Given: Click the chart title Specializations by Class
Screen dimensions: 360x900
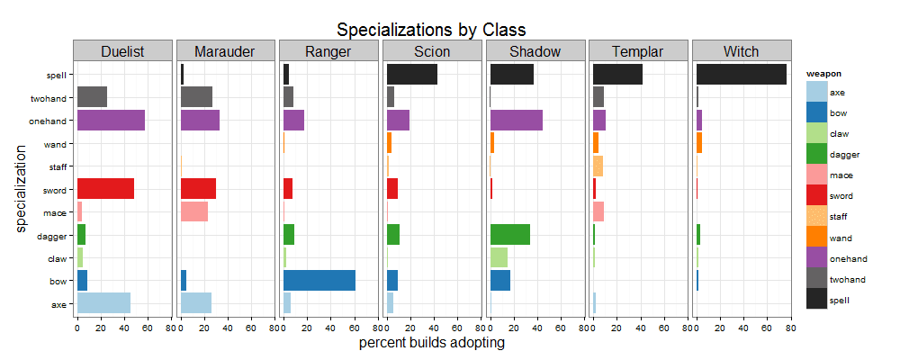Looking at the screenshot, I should tap(431, 31).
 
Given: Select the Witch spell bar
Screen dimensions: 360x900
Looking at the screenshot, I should tap(742, 74).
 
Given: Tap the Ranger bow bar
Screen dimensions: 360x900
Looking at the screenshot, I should tap(319, 281).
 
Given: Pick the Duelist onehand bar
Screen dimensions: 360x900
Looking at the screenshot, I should tap(111, 120).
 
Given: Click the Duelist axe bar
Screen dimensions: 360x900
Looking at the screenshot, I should tap(103, 303).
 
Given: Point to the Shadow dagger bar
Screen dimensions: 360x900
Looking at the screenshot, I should tap(510, 235).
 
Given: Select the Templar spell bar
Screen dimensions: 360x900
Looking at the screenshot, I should tap(618, 74).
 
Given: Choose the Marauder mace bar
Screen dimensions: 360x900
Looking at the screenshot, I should tap(194, 211).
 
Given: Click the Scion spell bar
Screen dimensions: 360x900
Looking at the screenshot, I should tap(412, 74).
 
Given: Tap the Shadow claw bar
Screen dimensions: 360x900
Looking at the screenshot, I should tap(499, 257).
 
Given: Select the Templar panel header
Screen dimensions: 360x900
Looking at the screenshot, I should tap(637, 51).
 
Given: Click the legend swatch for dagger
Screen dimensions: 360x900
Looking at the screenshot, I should tap(816, 154).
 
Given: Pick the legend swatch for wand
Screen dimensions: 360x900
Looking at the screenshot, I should tap(816, 237).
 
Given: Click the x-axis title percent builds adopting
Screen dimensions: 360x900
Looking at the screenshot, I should tap(431, 343).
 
